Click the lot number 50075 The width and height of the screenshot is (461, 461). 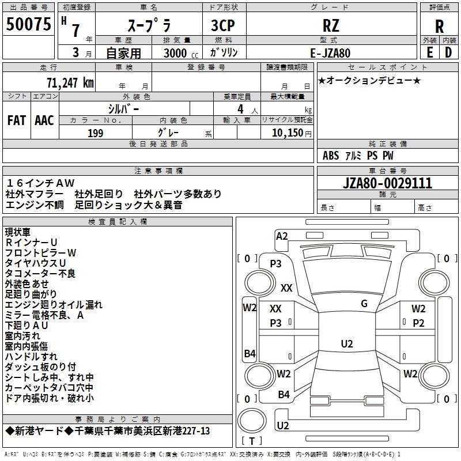(28, 25)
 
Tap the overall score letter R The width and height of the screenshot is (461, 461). (439, 27)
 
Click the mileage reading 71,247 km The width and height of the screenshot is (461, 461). (70, 83)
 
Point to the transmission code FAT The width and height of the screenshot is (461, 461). (16, 120)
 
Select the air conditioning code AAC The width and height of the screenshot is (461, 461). (44, 120)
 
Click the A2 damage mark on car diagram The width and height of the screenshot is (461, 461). (282, 236)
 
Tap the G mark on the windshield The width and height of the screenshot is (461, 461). (364, 304)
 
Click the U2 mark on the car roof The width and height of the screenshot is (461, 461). (346, 344)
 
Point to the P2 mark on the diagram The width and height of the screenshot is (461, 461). (418, 323)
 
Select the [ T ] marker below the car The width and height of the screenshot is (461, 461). (252, 441)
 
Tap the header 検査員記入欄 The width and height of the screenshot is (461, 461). (118, 222)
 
